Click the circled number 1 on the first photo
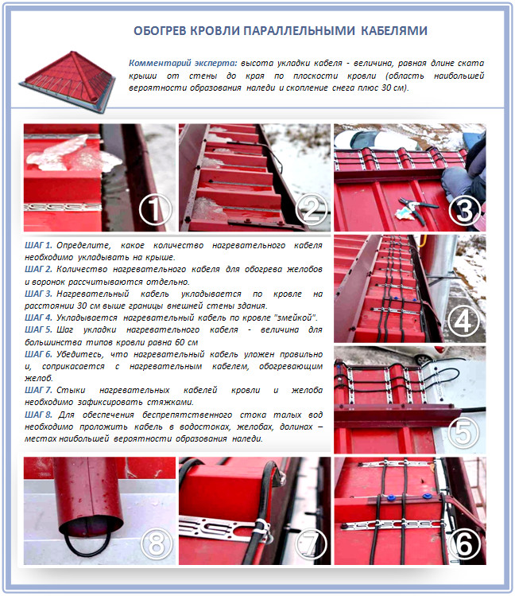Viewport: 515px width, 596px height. pos(154,210)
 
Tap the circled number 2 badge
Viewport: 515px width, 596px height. pos(311,209)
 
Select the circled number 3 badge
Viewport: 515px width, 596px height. pos(464,210)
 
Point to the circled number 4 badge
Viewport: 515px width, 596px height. pos(463,321)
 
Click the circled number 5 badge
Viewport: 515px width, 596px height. pos(464,433)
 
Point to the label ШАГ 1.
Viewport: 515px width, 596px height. pos(38,246)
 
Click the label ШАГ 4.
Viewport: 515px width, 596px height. pos(38,317)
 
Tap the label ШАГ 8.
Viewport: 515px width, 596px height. pos(38,415)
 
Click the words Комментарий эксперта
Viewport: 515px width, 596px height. pos(183,63)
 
